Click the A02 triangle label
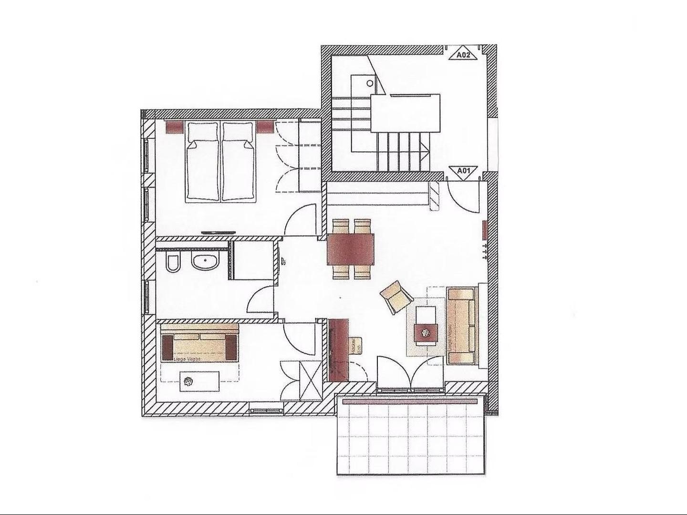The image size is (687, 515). tap(463, 54)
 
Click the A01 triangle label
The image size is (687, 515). tap(464, 171)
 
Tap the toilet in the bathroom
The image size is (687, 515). tap(173, 263)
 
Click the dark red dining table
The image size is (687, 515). tap(351, 249)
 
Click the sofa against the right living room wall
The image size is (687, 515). tap(461, 326)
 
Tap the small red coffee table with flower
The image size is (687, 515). tap(426, 333)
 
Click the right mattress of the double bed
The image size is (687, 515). tap(238, 162)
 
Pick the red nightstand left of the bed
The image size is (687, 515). tap(174, 127)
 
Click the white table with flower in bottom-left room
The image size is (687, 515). tap(200, 381)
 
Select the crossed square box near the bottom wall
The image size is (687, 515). tap(310, 380)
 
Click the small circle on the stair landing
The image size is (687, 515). tap(370, 83)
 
